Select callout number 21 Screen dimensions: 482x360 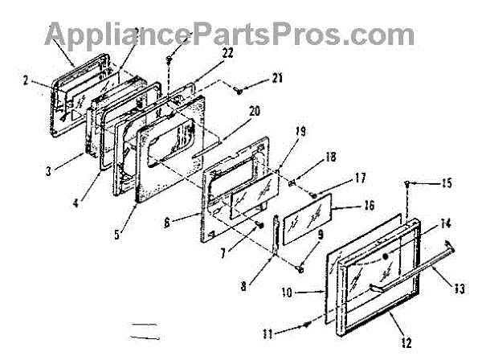click(277, 77)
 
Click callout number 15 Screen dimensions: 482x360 click(446, 184)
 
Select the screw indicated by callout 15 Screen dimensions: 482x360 click(410, 184)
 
